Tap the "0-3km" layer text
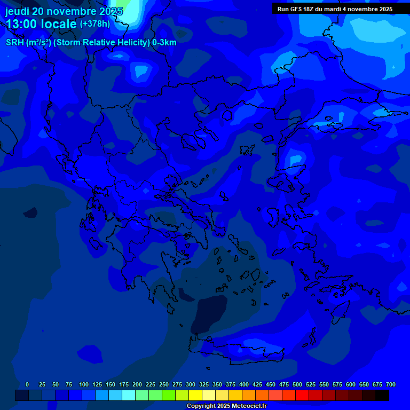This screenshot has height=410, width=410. tap(164, 43)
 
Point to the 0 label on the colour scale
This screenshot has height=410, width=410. tap(27, 384)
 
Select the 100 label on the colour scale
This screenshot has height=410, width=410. tap(83, 384)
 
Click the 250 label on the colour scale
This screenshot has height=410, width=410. tap(163, 384)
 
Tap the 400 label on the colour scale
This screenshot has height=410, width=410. tap(243, 384)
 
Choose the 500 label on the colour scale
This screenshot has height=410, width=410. tap(297, 384)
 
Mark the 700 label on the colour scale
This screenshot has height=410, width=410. tap(390, 384)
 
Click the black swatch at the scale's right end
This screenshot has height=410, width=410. tap(382, 395)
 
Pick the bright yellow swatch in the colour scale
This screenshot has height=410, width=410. tap(195, 395)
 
